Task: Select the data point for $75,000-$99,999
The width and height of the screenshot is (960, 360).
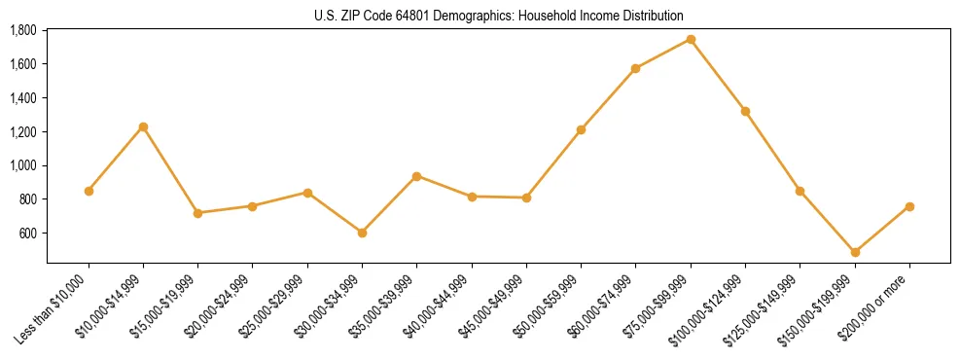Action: (691, 39)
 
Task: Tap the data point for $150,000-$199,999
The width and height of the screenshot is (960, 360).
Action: (855, 252)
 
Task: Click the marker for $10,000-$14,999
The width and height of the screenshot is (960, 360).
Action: (143, 126)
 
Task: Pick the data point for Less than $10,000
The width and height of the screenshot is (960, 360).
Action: (89, 191)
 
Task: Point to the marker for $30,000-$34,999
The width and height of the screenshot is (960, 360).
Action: (362, 233)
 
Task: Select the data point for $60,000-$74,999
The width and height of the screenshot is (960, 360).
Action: (636, 68)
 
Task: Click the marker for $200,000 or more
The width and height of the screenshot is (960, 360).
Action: (909, 206)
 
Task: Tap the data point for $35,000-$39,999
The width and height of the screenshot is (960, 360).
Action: (416, 176)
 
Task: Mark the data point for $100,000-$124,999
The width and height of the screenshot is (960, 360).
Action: (745, 111)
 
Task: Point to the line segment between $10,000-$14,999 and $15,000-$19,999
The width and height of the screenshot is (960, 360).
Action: (170, 169)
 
